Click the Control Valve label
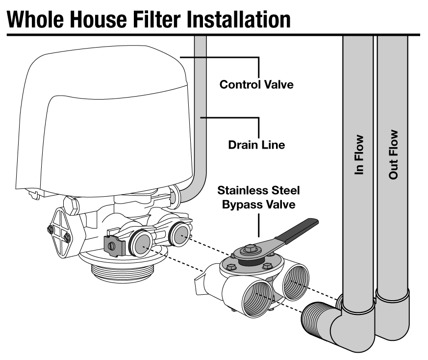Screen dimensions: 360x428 pyautogui.click(x=256, y=84)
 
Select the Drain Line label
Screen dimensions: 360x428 pyautogui.click(x=256, y=145)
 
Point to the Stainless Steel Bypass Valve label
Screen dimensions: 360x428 pyautogui.click(x=258, y=197)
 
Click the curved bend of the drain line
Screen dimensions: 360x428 pyautogui.click(x=191, y=189)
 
